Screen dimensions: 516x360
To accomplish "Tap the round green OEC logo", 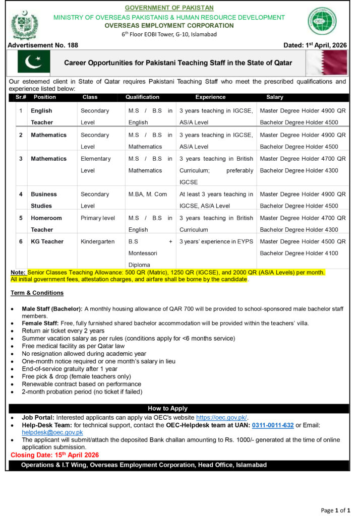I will [x=323, y=21].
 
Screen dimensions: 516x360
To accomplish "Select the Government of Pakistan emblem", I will [x=25, y=24].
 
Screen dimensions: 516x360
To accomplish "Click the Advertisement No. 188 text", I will [x=43, y=45].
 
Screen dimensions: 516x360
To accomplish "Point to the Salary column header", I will [x=275, y=97].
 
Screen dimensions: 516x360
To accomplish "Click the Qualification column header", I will [x=142, y=97].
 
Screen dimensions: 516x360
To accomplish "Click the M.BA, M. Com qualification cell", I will [x=148, y=195].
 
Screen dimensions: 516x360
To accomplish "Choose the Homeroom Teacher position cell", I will [x=46, y=224].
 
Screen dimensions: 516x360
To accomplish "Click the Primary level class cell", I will [x=98, y=218].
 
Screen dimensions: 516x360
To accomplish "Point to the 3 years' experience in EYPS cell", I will [x=216, y=242].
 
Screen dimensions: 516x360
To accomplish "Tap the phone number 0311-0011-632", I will [x=273, y=425].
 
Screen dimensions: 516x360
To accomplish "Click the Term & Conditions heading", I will [x=37, y=293].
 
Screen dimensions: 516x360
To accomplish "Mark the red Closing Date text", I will [x=54, y=455].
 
